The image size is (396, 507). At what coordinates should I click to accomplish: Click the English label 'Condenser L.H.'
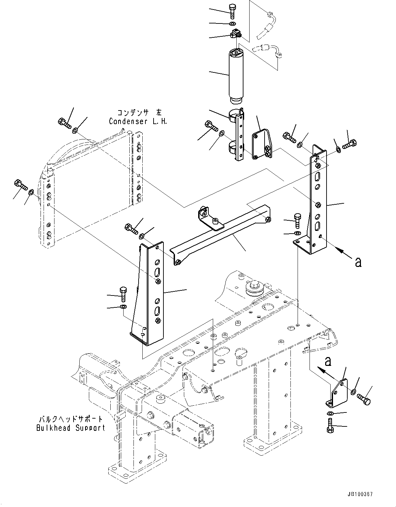(x=138, y=121)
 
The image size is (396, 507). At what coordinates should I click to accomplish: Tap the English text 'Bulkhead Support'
(x=71, y=428)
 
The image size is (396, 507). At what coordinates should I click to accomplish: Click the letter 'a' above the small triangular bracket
(x=328, y=360)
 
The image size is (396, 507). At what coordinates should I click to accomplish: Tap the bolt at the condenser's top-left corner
(x=64, y=123)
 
